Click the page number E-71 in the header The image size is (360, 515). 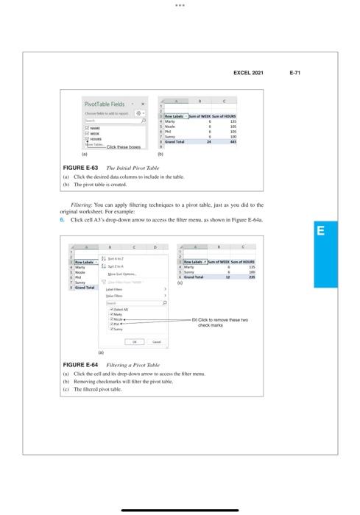pyautogui.click(x=299, y=74)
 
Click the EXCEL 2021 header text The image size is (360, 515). pyautogui.click(x=248, y=74)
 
